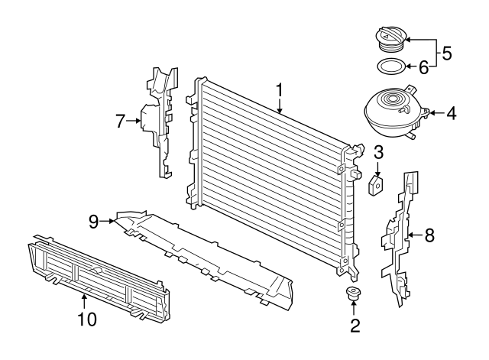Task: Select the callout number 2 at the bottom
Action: pos(354,326)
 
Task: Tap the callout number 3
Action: pos(378,152)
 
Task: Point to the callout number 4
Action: pos(451,115)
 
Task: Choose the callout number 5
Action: pos(447,54)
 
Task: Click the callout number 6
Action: pos(423,67)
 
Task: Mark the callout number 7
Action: pos(120,120)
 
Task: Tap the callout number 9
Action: pos(93,222)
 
